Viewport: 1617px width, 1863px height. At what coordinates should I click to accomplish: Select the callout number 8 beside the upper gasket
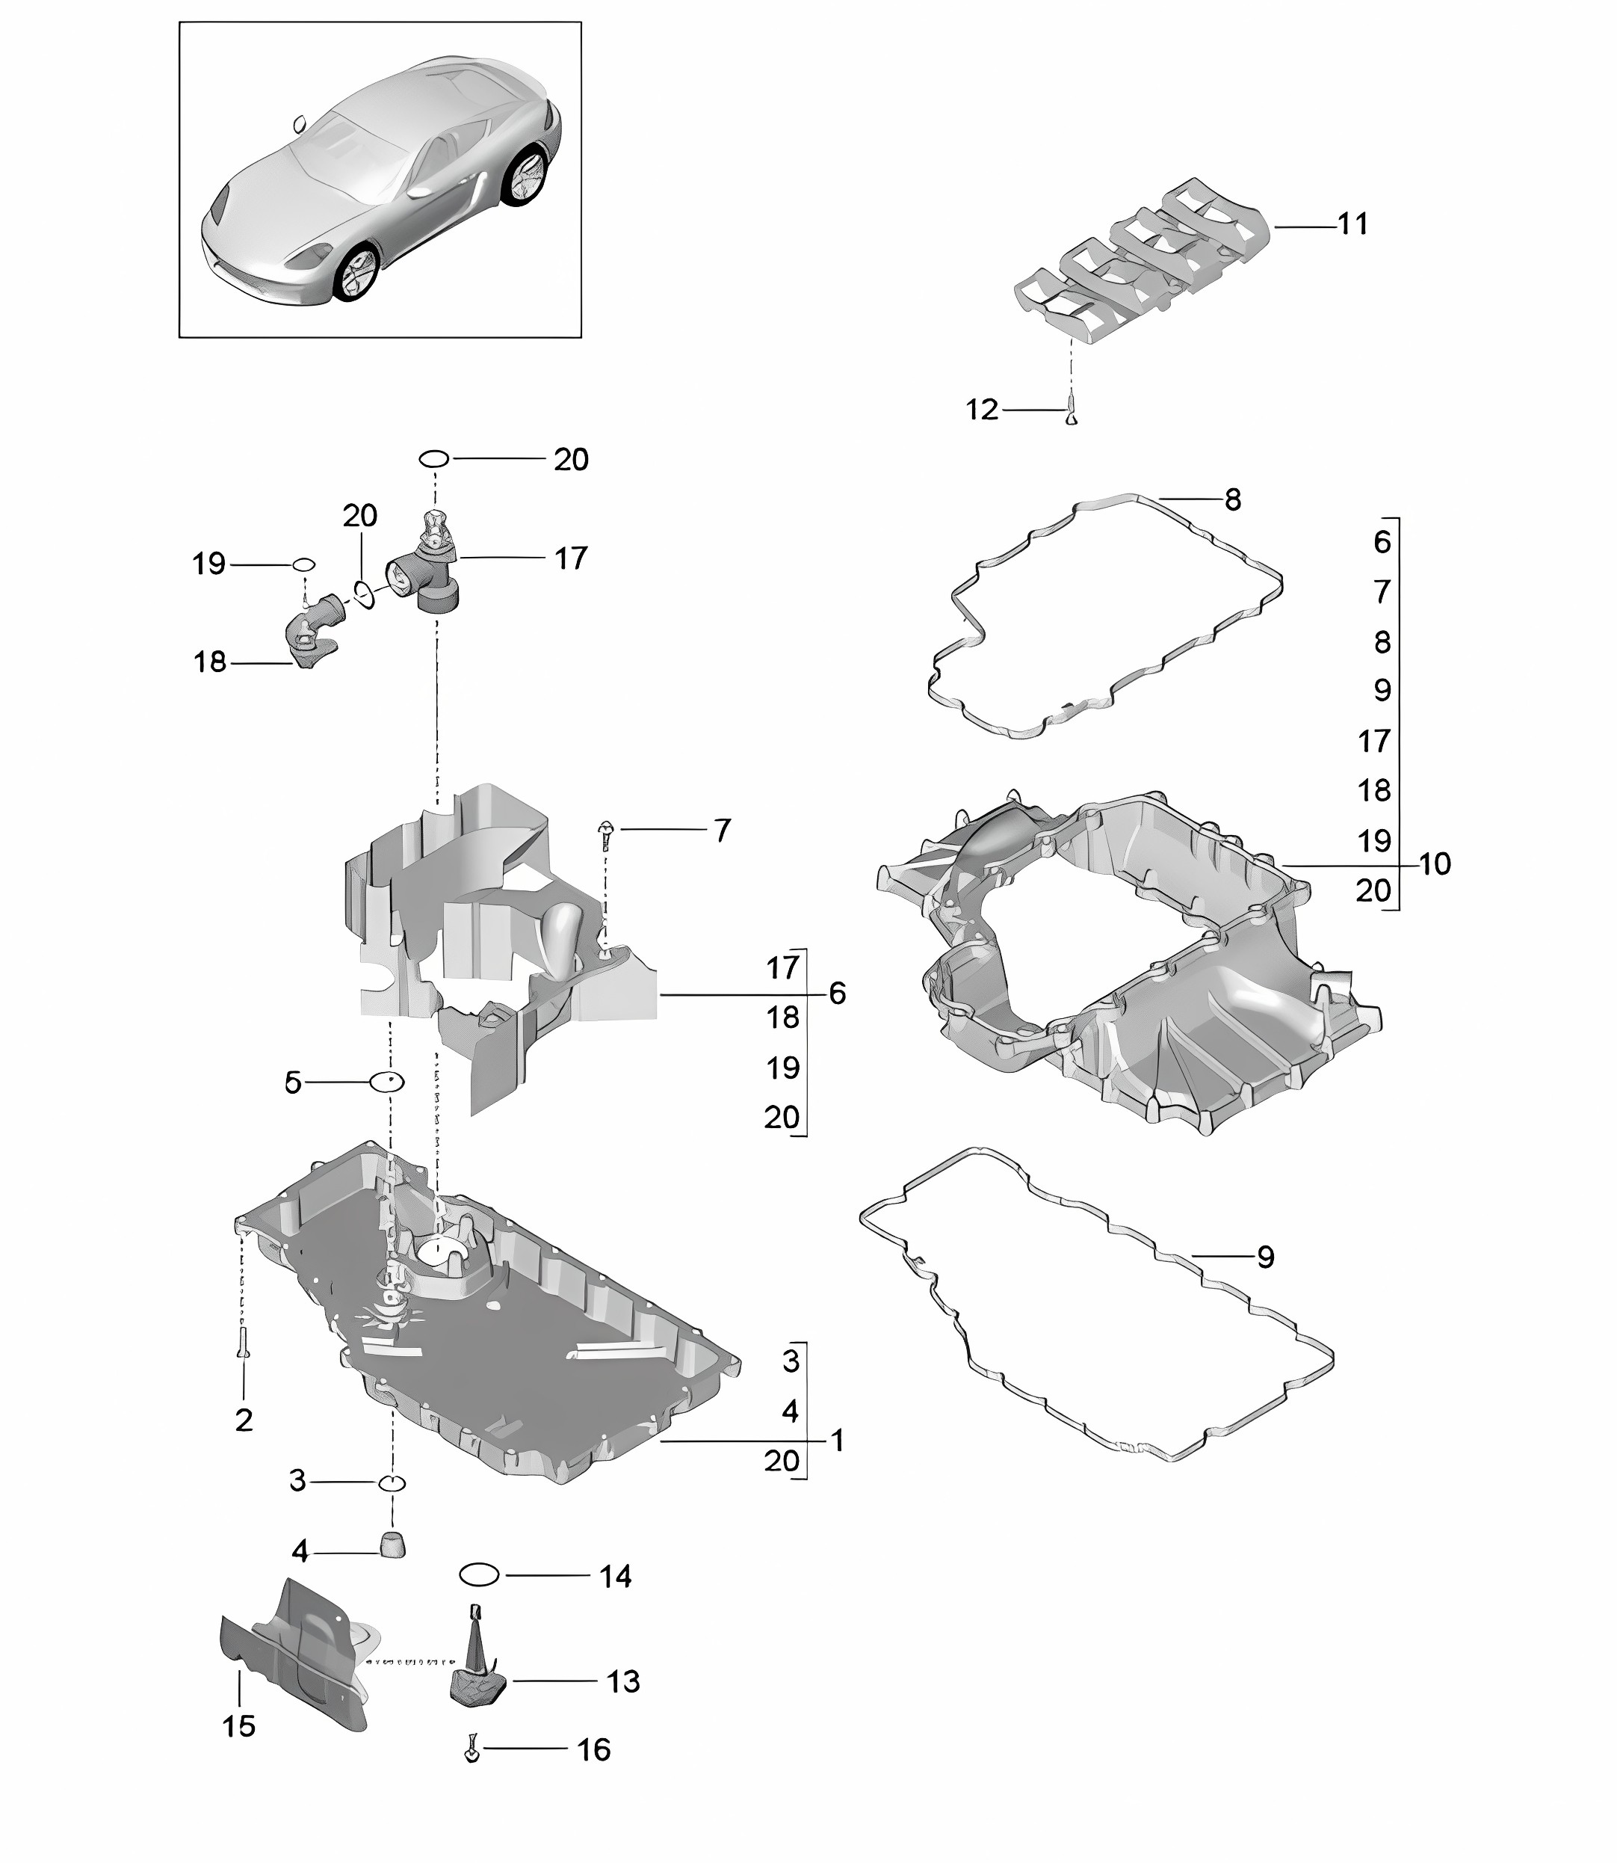1233,499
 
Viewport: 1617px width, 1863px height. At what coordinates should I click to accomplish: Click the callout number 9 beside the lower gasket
1265,1257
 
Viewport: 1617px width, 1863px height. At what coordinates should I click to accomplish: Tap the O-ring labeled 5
386,1080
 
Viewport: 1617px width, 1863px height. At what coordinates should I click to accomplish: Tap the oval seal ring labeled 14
479,1575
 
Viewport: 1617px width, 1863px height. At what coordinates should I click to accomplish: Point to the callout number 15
239,1725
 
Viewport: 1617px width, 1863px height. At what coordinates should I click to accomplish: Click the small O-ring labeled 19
303,565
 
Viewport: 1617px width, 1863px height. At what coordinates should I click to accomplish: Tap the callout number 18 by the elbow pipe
209,662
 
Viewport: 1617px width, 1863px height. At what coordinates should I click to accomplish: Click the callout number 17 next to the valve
570,558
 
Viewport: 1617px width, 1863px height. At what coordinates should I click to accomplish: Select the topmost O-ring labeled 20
434,458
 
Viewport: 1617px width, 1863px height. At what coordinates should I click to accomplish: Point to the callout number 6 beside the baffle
838,993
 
